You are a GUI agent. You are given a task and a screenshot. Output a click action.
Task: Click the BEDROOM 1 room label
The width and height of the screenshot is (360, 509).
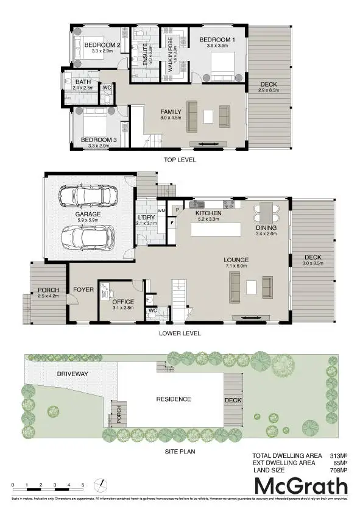(x=217, y=40)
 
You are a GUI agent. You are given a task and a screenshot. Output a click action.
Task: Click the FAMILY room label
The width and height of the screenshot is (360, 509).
(x=171, y=112)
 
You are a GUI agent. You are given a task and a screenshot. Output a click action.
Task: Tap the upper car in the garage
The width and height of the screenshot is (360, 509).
(x=85, y=196)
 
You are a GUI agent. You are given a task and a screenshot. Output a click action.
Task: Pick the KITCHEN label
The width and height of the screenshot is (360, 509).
(x=207, y=213)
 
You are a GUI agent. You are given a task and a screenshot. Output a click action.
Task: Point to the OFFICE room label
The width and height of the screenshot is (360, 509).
(x=122, y=301)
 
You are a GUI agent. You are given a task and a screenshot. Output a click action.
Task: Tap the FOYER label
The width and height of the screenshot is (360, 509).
(x=83, y=290)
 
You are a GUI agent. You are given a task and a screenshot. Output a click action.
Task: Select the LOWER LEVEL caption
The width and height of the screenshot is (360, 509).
(x=180, y=333)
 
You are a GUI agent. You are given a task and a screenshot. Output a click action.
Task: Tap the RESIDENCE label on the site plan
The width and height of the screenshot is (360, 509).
(x=174, y=399)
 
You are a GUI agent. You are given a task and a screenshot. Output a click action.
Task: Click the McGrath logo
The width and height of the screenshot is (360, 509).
(x=300, y=487)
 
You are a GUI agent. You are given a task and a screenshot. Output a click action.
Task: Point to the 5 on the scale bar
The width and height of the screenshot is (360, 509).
(x=83, y=485)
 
